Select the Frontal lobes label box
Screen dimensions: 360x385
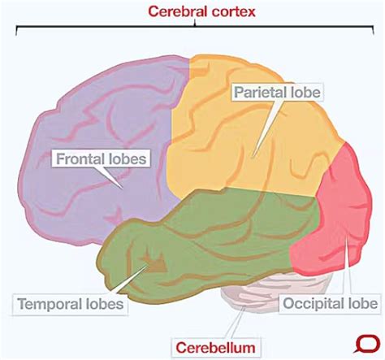[x=102, y=158]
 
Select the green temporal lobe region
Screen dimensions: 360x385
[x=203, y=236]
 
